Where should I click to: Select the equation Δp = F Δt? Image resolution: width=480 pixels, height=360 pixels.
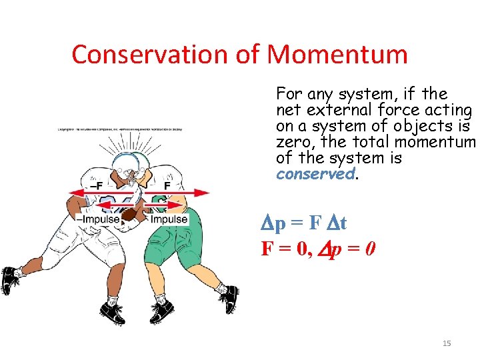tap(303, 223)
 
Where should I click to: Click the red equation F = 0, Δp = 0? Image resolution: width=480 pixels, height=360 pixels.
tap(319, 249)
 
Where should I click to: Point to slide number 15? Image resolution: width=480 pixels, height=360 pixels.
tap(447, 343)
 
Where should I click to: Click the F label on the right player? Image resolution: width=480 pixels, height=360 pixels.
tap(169, 185)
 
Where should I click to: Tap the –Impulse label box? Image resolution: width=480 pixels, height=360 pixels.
tap(98, 219)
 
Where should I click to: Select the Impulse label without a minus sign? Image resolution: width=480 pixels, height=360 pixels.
tap(169, 219)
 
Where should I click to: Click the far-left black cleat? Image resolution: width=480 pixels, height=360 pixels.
tap(9, 280)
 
